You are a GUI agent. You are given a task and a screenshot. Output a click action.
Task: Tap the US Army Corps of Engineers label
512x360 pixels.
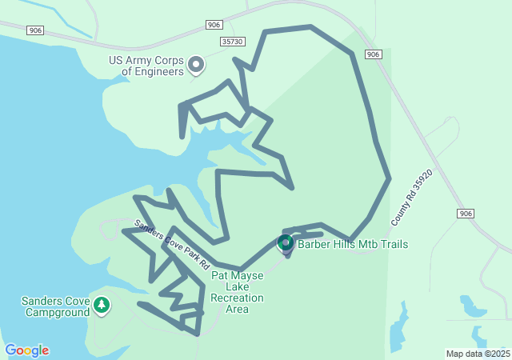pos(146,66)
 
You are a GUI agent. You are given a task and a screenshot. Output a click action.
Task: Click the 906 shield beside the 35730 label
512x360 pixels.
pos(213,25)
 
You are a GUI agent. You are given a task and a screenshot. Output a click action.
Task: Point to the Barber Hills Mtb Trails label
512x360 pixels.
pos(353,244)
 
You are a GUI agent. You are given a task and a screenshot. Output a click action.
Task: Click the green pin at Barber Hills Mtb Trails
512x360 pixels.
pos(286,242)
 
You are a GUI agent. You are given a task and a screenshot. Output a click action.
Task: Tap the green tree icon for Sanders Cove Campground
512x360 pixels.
pos(101,305)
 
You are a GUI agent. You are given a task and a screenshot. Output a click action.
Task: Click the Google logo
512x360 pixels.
pos(26,350)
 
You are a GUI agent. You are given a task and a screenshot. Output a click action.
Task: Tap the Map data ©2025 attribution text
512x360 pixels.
pos(477,354)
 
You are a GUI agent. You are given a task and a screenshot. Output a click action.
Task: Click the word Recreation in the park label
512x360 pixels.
pos(238,298)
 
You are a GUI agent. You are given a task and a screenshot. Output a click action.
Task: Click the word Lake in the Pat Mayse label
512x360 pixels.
pos(238,286)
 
